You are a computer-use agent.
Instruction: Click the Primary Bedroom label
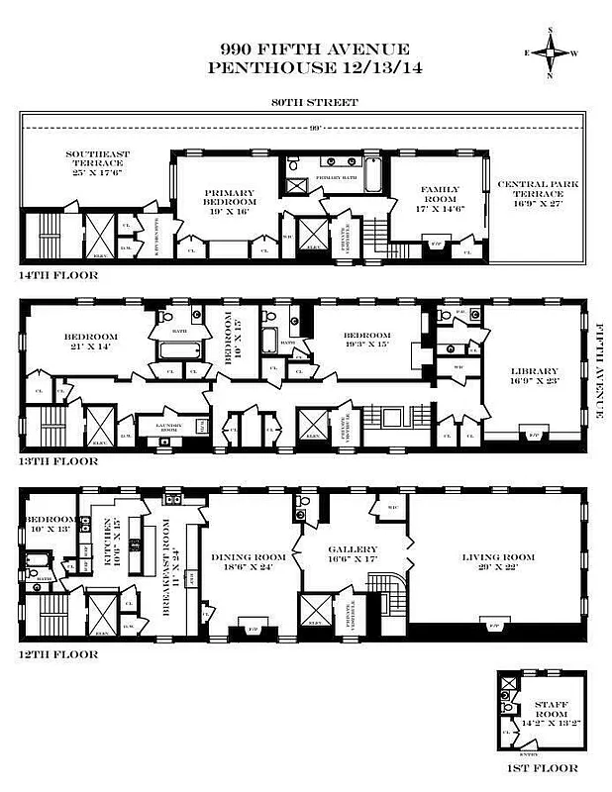coord(230,197)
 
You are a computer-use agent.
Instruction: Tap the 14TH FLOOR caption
coord(58,274)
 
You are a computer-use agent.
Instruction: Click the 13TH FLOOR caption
coord(58,460)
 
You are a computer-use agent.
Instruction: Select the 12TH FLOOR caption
coord(58,653)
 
